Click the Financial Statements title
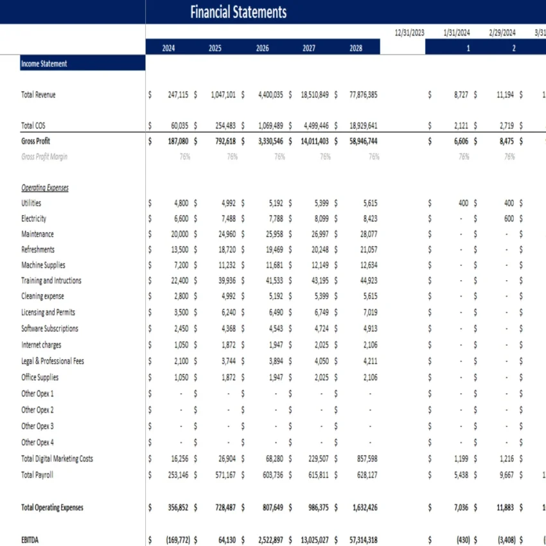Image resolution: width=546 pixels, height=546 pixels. pyautogui.click(x=238, y=12)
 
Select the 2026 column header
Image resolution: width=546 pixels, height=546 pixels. pyautogui.click(x=262, y=48)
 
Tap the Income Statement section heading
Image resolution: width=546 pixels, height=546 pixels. pyautogui.click(x=44, y=64)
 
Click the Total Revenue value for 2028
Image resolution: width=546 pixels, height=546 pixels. pyautogui.click(x=363, y=94)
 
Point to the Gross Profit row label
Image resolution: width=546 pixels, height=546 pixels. pyautogui.click(x=36, y=141)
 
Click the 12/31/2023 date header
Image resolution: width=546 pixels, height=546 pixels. pyautogui.click(x=410, y=33)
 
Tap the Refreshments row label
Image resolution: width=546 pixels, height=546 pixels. pyautogui.click(x=38, y=249)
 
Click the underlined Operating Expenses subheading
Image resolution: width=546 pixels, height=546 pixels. pyautogui.click(x=45, y=188)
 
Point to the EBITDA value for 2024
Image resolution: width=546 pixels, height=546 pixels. pyautogui.click(x=172, y=540)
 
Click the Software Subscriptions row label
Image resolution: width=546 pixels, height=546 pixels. pyautogui.click(x=49, y=328)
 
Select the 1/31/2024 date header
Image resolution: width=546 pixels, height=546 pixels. pyautogui.click(x=457, y=33)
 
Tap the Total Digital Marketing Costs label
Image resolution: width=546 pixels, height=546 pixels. pyautogui.click(x=57, y=459)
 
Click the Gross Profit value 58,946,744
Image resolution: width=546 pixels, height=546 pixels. pyautogui.click(x=363, y=141)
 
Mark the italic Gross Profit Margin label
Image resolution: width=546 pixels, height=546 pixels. pyautogui.click(x=44, y=157)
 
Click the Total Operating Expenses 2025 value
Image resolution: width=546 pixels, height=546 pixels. pyautogui.click(x=222, y=507)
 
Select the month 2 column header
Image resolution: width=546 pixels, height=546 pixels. pyautogui.click(x=514, y=48)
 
